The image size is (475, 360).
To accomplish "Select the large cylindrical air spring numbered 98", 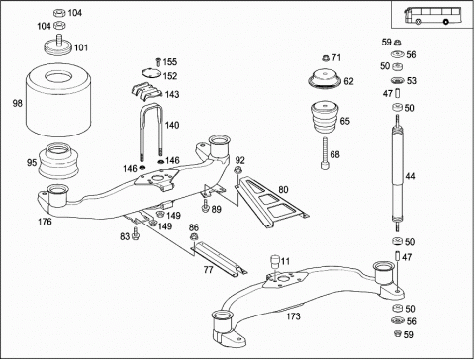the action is (x=58, y=100).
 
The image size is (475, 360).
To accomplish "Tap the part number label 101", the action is (x=81, y=47).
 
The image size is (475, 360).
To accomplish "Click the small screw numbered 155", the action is (x=158, y=62).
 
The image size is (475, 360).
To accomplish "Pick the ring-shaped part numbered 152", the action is (x=151, y=73).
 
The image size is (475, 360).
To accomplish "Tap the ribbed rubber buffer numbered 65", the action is (x=326, y=118).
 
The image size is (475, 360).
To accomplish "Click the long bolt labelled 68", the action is (x=326, y=153).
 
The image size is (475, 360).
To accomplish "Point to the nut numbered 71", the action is (x=326, y=58).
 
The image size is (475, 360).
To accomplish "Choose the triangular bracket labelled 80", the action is (x=271, y=201).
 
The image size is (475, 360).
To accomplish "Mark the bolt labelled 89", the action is (x=206, y=205).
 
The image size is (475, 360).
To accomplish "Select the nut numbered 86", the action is (x=194, y=236).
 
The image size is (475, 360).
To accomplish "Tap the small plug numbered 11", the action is (x=275, y=261).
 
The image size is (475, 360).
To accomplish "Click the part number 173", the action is (x=293, y=316).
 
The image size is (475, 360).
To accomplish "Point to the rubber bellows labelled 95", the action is (x=58, y=161).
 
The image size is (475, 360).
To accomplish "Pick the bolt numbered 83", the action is (x=136, y=233).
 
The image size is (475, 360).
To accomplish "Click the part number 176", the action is (x=45, y=222).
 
